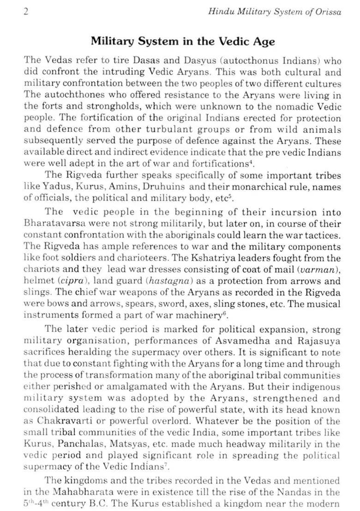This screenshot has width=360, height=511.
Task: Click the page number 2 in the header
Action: coord(26,12)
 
